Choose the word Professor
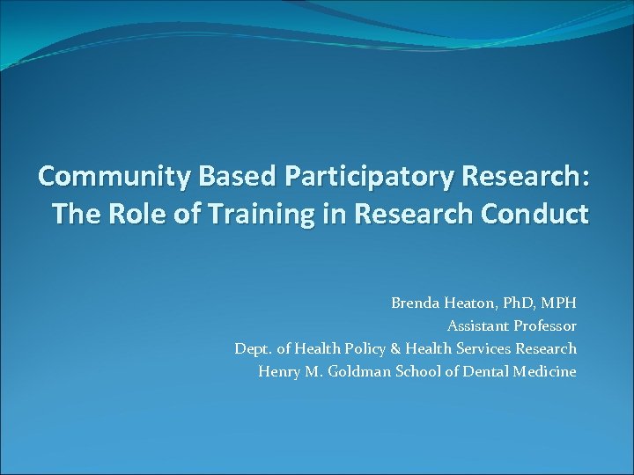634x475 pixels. pyautogui.click(x=546, y=326)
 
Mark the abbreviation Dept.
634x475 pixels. pyautogui.click(x=254, y=349)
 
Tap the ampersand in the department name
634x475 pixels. pyautogui.click(x=398, y=349)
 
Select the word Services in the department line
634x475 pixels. pyautogui.click(x=484, y=349)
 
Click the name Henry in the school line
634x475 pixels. pyautogui.click(x=278, y=372)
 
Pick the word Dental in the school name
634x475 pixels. pyautogui.click(x=484, y=372)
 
